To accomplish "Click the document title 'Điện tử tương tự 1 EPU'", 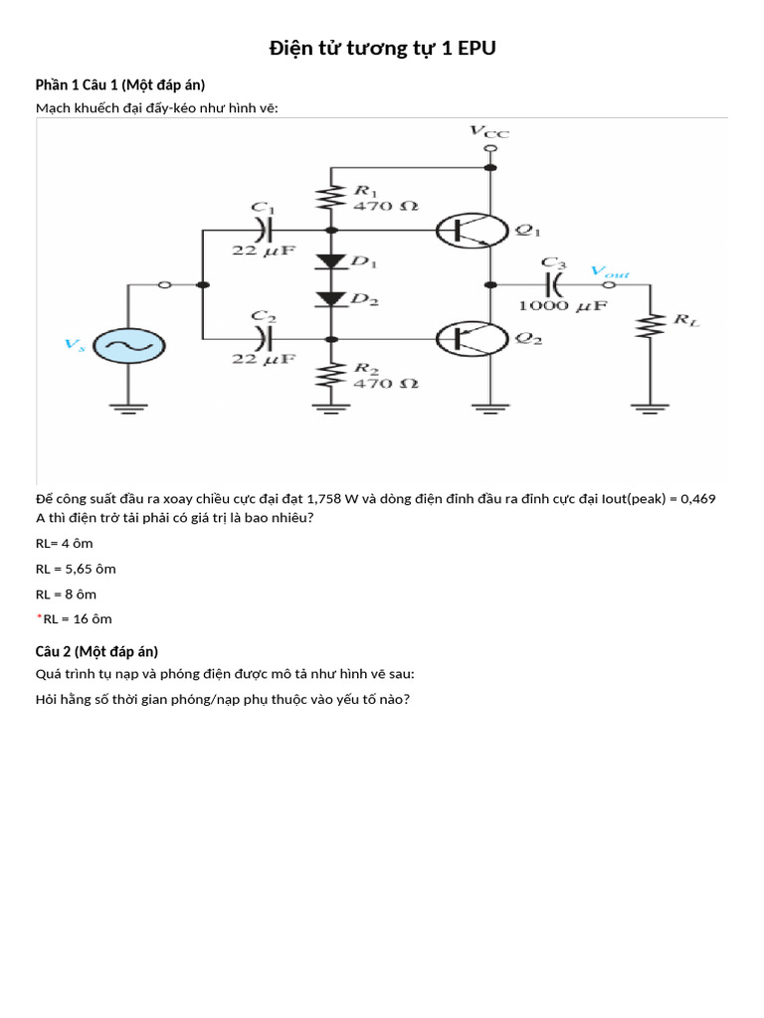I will pyautogui.click(x=382, y=49).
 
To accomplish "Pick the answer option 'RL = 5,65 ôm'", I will pyautogui.click(x=76, y=569).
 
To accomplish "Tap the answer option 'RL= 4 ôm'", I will pyautogui.click(x=65, y=544).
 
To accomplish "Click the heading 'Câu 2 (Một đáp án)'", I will pyautogui.click(x=96, y=652).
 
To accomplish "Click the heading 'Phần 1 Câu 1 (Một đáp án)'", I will pyautogui.click(x=120, y=85).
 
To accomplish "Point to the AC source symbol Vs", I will pyautogui.click(x=127, y=346).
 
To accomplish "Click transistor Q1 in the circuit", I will pyautogui.click(x=472, y=230).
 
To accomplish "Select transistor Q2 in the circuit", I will pyautogui.click(x=472, y=339).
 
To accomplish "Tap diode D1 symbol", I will pyautogui.click(x=329, y=262).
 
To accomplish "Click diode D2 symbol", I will pyautogui.click(x=329, y=298).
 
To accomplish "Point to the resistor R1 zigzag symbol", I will pyautogui.click(x=329, y=198).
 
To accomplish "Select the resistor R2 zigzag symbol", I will pyautogui.click(x=329, y=374).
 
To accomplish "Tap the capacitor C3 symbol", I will pyautogui.click(x=553, y=285).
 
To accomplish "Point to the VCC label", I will pyautogui.click(x=488, y=131).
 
